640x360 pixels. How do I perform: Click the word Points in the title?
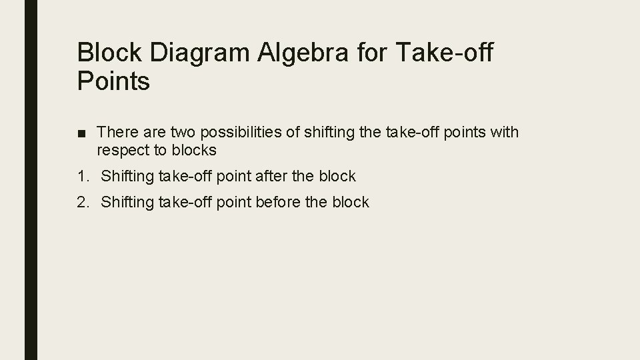tap(114, 82)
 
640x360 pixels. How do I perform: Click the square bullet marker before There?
tap(81, 133)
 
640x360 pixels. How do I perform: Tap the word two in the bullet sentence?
tap(179, 133)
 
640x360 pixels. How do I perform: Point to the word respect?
tap(122, 151)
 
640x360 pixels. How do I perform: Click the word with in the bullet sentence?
tap(505, 133)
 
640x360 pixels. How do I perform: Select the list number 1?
tap(82, 177)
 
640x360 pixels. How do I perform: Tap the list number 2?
tap(82, 202)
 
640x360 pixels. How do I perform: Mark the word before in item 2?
tap(279, 202)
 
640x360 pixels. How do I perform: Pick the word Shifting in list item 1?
tap(127, 177)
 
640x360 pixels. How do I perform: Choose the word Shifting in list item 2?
tap(127, 202)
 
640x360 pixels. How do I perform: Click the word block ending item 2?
tap(349, 202)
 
